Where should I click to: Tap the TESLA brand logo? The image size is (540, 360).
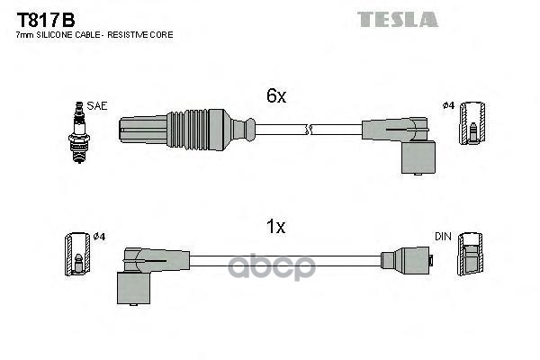(x=397, y=19)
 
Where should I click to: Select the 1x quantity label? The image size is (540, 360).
(x=275, y=227)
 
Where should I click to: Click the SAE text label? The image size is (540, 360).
(x=98, y=106)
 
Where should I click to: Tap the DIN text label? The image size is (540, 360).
(x=443, y=236)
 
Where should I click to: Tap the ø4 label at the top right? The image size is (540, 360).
(x=448, y=106)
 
